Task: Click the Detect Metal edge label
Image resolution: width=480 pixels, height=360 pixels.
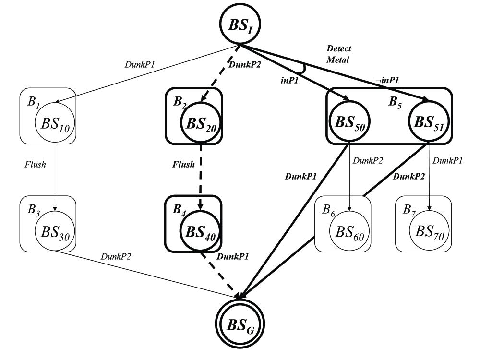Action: (339, 54)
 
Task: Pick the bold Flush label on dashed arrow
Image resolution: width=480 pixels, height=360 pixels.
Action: (184, 165)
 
